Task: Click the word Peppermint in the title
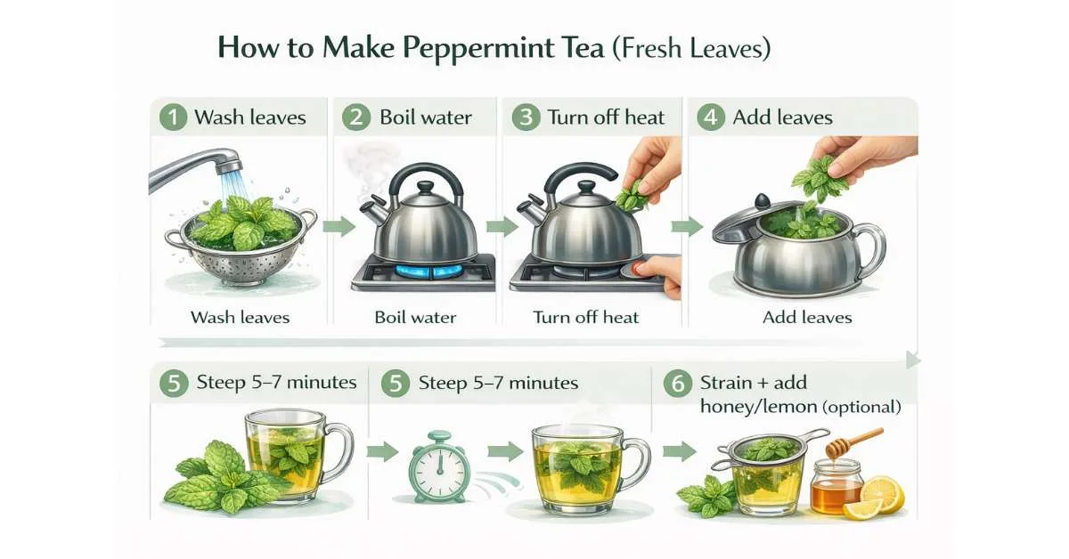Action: (x=478, y=49)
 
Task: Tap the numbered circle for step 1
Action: (x=173, y=117)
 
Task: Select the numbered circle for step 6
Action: (x=678, y=383)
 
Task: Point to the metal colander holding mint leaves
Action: (x=241, y=248)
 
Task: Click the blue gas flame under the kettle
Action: (x=424, y=271)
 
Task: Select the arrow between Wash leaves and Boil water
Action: (x=339, y=226)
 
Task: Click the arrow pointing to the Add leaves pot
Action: (x=687, y=227)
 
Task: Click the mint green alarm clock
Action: (x=439, y=466)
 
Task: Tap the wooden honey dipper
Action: (x=854, y=442)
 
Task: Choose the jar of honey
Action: (x=836, y=487)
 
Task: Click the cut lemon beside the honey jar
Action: (x=876, y=498)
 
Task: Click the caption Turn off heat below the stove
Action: (x=585, y=317)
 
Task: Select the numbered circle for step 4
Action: (x=711, y=117)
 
